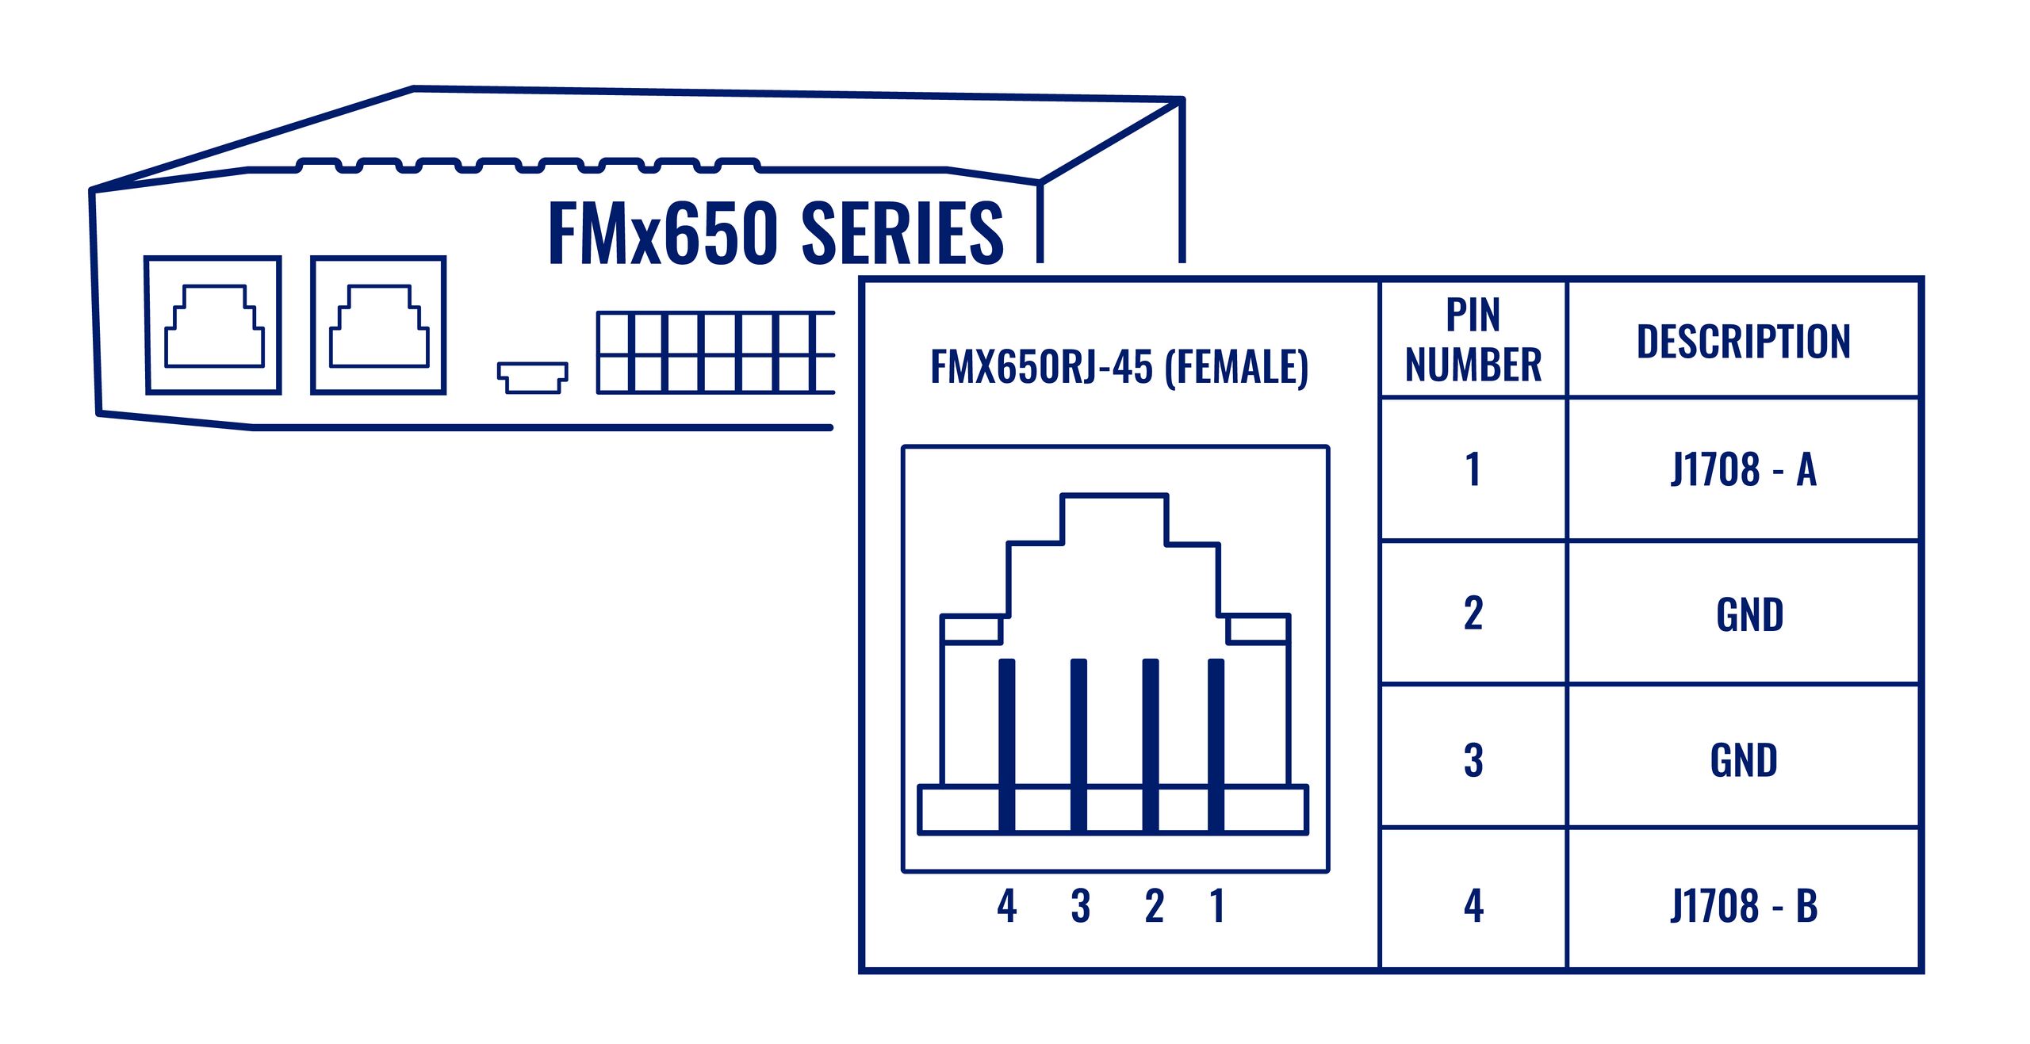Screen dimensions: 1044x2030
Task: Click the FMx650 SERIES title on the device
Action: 776,233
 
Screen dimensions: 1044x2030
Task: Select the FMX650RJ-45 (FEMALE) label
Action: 1119,366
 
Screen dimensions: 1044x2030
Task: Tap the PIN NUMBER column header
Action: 1473,339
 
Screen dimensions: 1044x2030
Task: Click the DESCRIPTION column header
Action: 1743,342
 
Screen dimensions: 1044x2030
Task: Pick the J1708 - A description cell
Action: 1743,469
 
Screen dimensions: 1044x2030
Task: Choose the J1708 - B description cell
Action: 1743,905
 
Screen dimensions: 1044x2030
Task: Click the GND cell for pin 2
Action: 1749,614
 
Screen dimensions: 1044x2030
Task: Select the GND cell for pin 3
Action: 1743,760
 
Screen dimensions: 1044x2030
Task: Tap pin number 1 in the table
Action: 1473,469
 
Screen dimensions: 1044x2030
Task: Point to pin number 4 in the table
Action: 1473,905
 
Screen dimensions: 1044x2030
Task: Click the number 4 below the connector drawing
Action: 1007,905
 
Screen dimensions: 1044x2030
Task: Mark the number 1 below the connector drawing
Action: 1217,905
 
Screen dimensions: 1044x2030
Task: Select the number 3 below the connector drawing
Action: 1080,905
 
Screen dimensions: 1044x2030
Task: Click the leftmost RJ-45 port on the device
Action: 213,325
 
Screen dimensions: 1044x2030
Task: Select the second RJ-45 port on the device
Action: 378,325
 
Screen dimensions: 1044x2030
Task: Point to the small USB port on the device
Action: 532,377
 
